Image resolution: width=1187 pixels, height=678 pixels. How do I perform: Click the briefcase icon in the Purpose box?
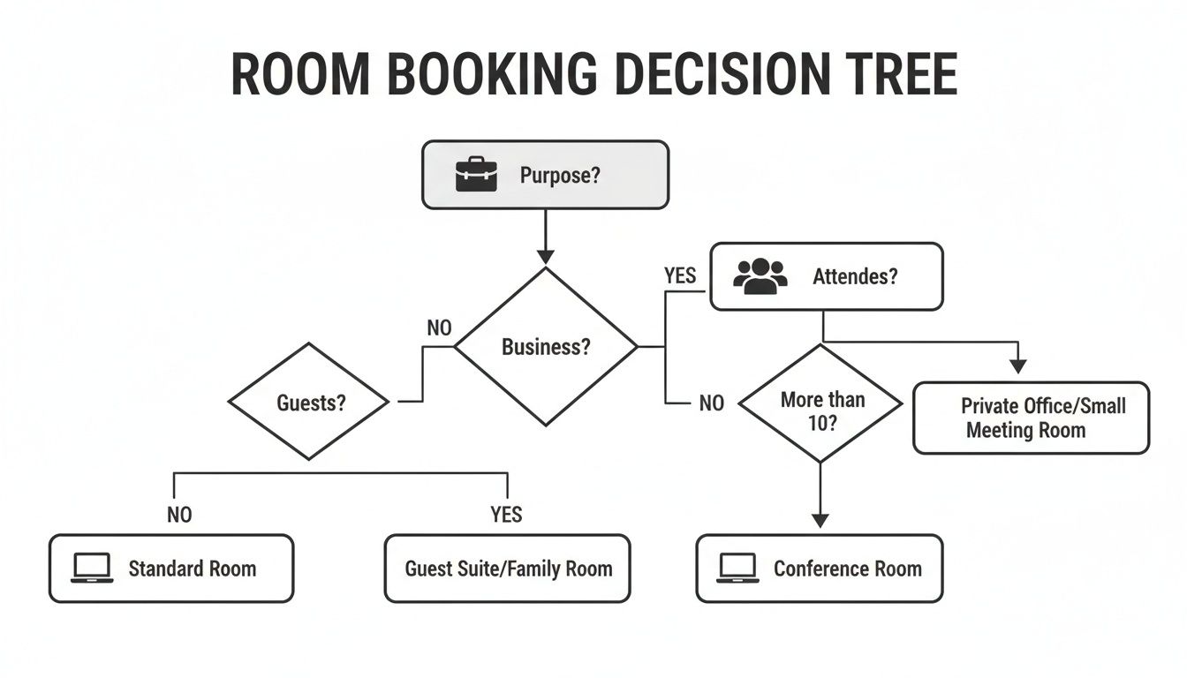point(477,175)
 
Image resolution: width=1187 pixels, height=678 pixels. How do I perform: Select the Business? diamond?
point(545,347)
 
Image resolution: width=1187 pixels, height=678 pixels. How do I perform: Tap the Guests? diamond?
point(309,403)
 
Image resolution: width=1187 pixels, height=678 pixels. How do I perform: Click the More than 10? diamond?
point(820,404)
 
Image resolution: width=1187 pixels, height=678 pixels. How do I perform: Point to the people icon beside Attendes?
point(760,276)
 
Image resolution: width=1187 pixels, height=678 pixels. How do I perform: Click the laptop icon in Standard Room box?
point(92,569)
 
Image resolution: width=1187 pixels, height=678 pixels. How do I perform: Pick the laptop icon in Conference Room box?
point(737,569)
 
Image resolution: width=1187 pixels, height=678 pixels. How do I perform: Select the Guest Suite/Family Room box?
point(508,569)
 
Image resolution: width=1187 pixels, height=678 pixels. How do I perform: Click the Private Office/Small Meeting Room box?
point(1031,418)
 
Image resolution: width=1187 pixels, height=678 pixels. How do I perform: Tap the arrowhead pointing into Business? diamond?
point(545,256)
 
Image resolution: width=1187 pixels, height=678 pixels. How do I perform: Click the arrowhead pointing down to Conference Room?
point(820,520)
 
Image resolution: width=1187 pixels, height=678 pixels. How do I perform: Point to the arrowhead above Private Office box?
point(1018,365)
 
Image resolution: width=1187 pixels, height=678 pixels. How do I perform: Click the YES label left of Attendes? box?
point(680,276)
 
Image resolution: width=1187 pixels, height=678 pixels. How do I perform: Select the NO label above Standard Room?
point(179,515)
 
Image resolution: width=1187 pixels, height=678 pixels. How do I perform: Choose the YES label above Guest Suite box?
point(506,515)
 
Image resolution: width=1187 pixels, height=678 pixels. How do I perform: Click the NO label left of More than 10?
point(711,403)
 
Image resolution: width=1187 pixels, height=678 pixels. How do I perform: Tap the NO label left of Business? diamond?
point(439,328)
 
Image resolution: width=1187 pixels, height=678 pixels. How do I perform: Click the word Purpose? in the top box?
point(560,175)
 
